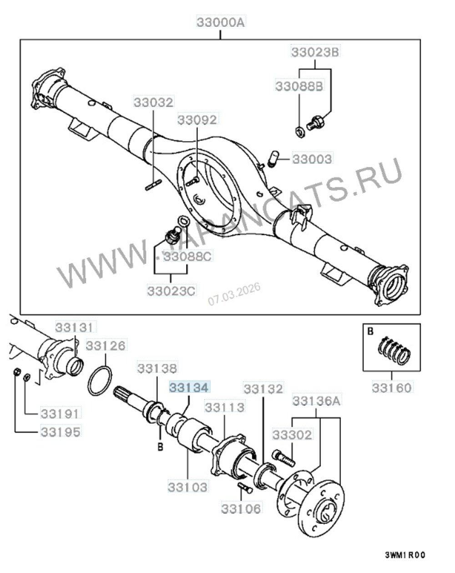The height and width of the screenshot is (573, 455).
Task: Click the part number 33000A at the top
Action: tap(220, 21)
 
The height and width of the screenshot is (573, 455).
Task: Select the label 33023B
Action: tap(315, 52)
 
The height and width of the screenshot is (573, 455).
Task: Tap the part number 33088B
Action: tap(299, 86)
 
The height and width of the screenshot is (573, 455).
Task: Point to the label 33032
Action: tap(153, 102)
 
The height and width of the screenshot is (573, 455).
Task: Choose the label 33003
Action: tap(312, 159)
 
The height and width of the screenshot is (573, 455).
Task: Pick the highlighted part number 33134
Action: tap(189, 388)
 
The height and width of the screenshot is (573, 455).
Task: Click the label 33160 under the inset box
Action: tap(391, 388)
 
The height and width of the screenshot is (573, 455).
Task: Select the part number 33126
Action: tap(106, 346)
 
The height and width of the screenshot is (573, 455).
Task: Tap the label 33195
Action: tap(60, 431)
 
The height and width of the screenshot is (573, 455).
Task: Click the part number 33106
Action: tap(241, 508)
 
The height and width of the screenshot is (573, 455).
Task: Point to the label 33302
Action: tap(293, 435)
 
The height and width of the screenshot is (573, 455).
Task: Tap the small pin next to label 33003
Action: tap(273, 158)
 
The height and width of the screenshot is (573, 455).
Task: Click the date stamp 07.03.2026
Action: tap(234, 294)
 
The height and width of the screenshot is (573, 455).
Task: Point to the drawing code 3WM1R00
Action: tap(404, 555)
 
